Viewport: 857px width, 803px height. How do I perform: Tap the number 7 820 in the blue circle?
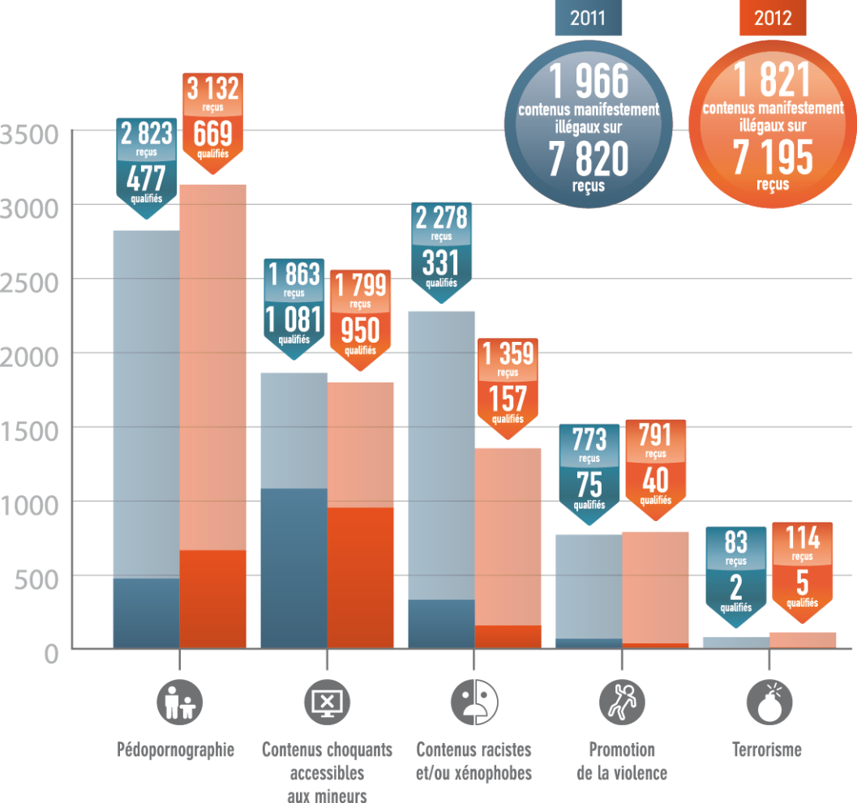pos(588,159)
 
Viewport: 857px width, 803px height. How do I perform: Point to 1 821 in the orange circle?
pos(772,80)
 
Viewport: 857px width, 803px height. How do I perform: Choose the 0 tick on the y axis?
pos(51,653)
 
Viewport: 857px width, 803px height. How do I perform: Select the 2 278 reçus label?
pos(441,218)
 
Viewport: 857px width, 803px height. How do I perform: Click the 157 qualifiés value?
pos(508,399)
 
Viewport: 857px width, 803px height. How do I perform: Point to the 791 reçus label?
pos(655,437)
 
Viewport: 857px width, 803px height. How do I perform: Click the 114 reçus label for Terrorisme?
pos(802,539)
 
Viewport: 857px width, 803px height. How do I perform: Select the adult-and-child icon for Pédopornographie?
pos(179,701)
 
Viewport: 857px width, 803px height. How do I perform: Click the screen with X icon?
pos(327,701)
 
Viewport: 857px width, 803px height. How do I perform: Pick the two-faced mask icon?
pos(474,701)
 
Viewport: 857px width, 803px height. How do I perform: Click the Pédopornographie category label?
pos(176,750)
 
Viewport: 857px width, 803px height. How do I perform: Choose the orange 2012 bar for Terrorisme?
pos(802,640)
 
